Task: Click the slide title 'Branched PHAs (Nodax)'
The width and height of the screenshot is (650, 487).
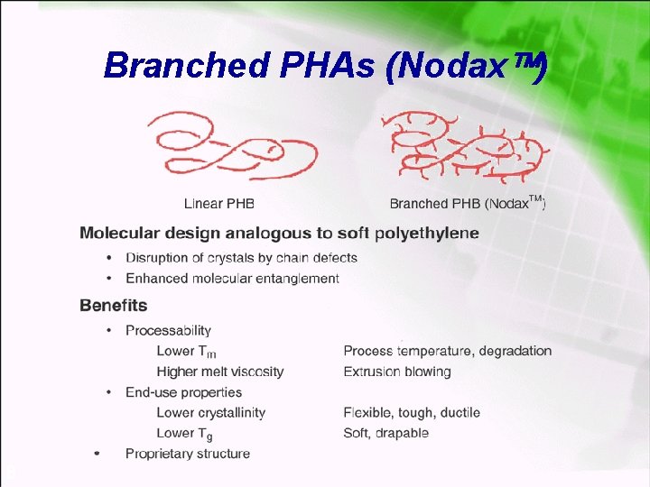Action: pos(325,65)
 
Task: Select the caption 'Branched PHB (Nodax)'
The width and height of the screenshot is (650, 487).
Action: pos(468,204)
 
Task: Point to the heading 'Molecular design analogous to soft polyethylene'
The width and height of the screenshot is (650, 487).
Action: pos(279,233)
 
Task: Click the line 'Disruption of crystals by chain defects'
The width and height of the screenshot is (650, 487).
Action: pos(241,258)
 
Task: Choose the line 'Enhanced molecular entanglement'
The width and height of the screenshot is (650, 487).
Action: pos(232,279)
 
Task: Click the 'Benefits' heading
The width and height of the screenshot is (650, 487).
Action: pos(114,306)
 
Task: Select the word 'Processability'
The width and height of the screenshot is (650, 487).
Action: pos(168,330)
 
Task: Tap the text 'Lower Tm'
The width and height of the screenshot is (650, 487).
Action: pos(186,351)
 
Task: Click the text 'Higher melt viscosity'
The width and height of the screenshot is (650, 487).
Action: pos(219,372)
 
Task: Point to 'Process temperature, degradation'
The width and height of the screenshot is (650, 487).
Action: pos(447,351)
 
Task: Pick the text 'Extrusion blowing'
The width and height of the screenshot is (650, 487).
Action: pos(397,372)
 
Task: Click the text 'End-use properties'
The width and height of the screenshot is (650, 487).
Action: pos(183,392)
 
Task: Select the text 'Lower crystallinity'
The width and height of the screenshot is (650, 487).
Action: pos(210,413)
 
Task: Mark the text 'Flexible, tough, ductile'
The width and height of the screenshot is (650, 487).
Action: pos(412,413)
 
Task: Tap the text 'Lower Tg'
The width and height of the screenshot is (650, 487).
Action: pos(184,434)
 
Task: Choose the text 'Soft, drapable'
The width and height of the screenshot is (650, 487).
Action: pos(385,433)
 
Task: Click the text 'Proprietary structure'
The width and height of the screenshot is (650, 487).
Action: pos(187,454)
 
